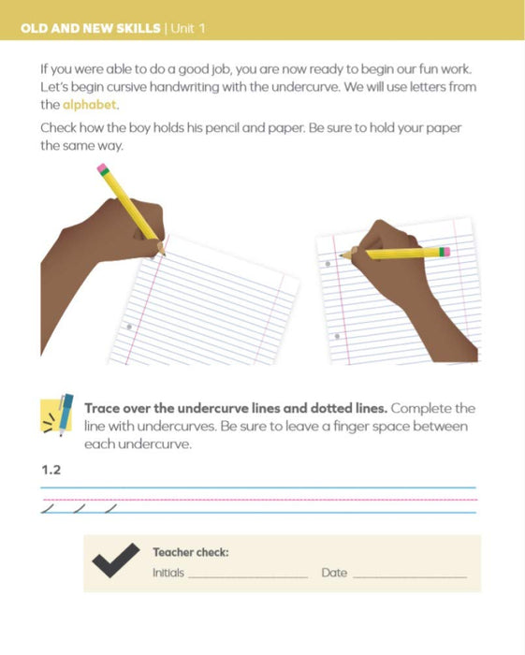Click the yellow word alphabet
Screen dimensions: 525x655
pos(90,105)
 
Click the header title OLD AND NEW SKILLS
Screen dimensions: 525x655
pos(91,28)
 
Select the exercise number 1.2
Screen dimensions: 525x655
pos(51,470)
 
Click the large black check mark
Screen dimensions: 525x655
pos(116,560)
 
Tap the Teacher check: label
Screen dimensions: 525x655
pos(191,552)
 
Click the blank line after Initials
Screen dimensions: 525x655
pos(248,577)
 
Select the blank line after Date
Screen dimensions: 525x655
pos(410,577)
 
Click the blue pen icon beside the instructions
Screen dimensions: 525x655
pos(65,414)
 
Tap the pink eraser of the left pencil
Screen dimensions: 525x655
pos(101,167)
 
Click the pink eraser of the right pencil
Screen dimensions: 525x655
pos(445,252)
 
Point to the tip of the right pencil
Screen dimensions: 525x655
pos(342,254)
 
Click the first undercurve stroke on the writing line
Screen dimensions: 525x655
pos(48,508)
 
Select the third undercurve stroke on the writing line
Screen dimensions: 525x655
pos(110,508)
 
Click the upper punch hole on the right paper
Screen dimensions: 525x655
pos(328,264)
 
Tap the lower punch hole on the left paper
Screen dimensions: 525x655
pos(129,327)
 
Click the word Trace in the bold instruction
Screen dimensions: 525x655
pos(102,408)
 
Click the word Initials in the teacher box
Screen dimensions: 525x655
pos(168,573)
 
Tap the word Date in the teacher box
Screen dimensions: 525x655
pos(334,573)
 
